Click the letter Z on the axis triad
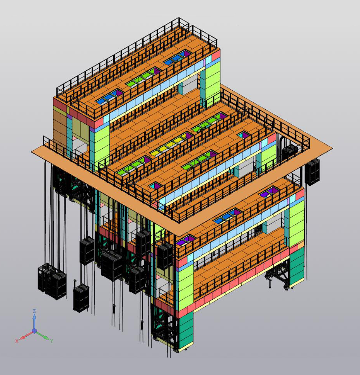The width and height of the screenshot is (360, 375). click(34, 311)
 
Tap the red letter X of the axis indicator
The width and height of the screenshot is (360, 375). click(17, 341)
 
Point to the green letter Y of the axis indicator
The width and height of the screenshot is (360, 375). click(51, 341)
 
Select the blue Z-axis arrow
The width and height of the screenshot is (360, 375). click(34, 321)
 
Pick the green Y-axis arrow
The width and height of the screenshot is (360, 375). click(43, 336)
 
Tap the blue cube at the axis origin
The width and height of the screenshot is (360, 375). click(34, 331)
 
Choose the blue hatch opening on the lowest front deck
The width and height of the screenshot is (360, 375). click(227, 216)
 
